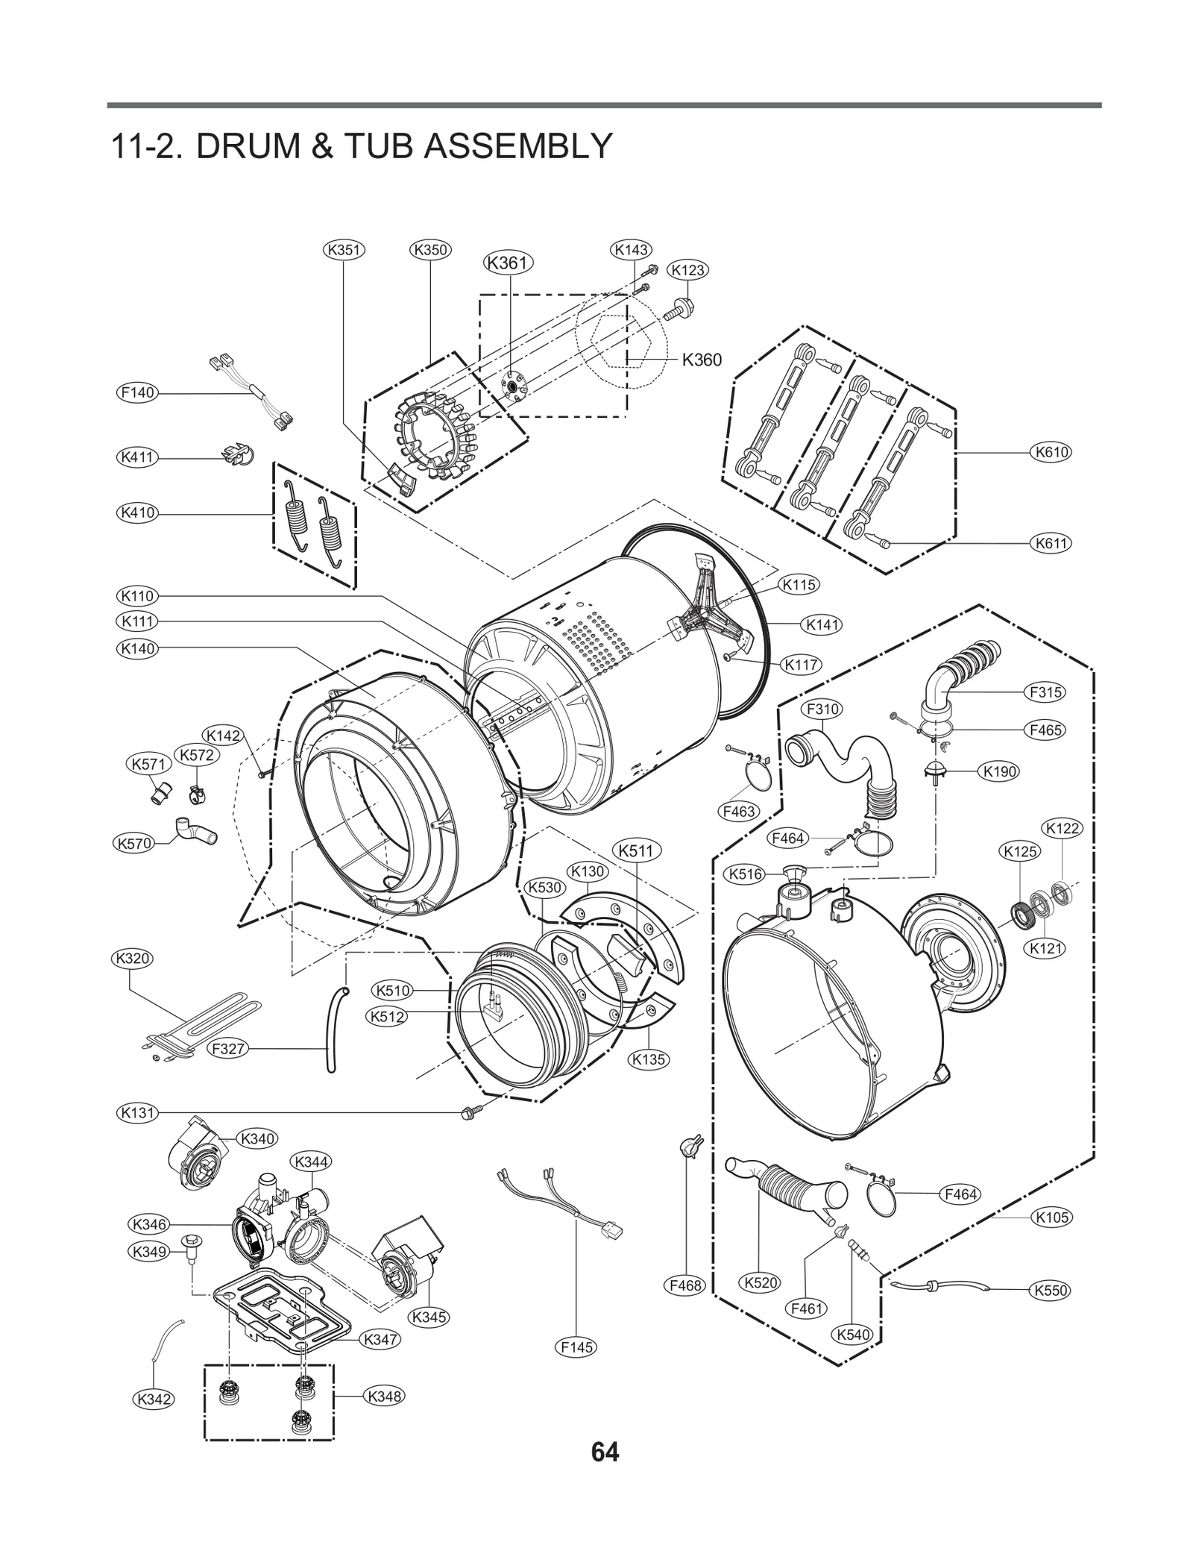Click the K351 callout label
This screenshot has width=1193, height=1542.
[x=344, y=249]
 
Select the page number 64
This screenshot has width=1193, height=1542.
[x=604, y=1473]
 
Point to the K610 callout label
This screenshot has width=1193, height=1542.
[x=1051, y=451]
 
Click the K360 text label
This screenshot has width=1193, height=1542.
[x=702, y=360]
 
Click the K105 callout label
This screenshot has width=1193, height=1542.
[x=1051, y=1217]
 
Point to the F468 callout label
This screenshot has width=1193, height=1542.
[x=684, y=1285]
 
